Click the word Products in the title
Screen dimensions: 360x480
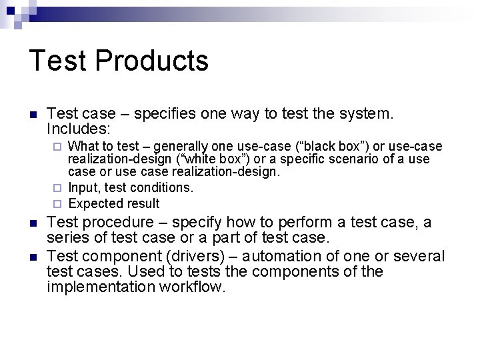152,61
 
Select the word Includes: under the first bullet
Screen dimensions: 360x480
79,128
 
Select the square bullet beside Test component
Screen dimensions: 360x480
34,257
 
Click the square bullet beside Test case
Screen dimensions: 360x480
34,114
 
